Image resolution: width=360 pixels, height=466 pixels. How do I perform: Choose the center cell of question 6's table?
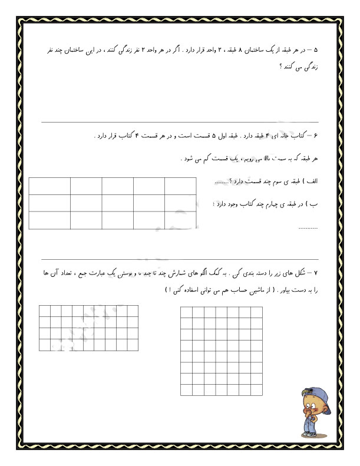[x=117, y=203]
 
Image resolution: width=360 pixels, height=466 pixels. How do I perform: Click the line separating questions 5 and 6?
[x=180, y=122]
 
